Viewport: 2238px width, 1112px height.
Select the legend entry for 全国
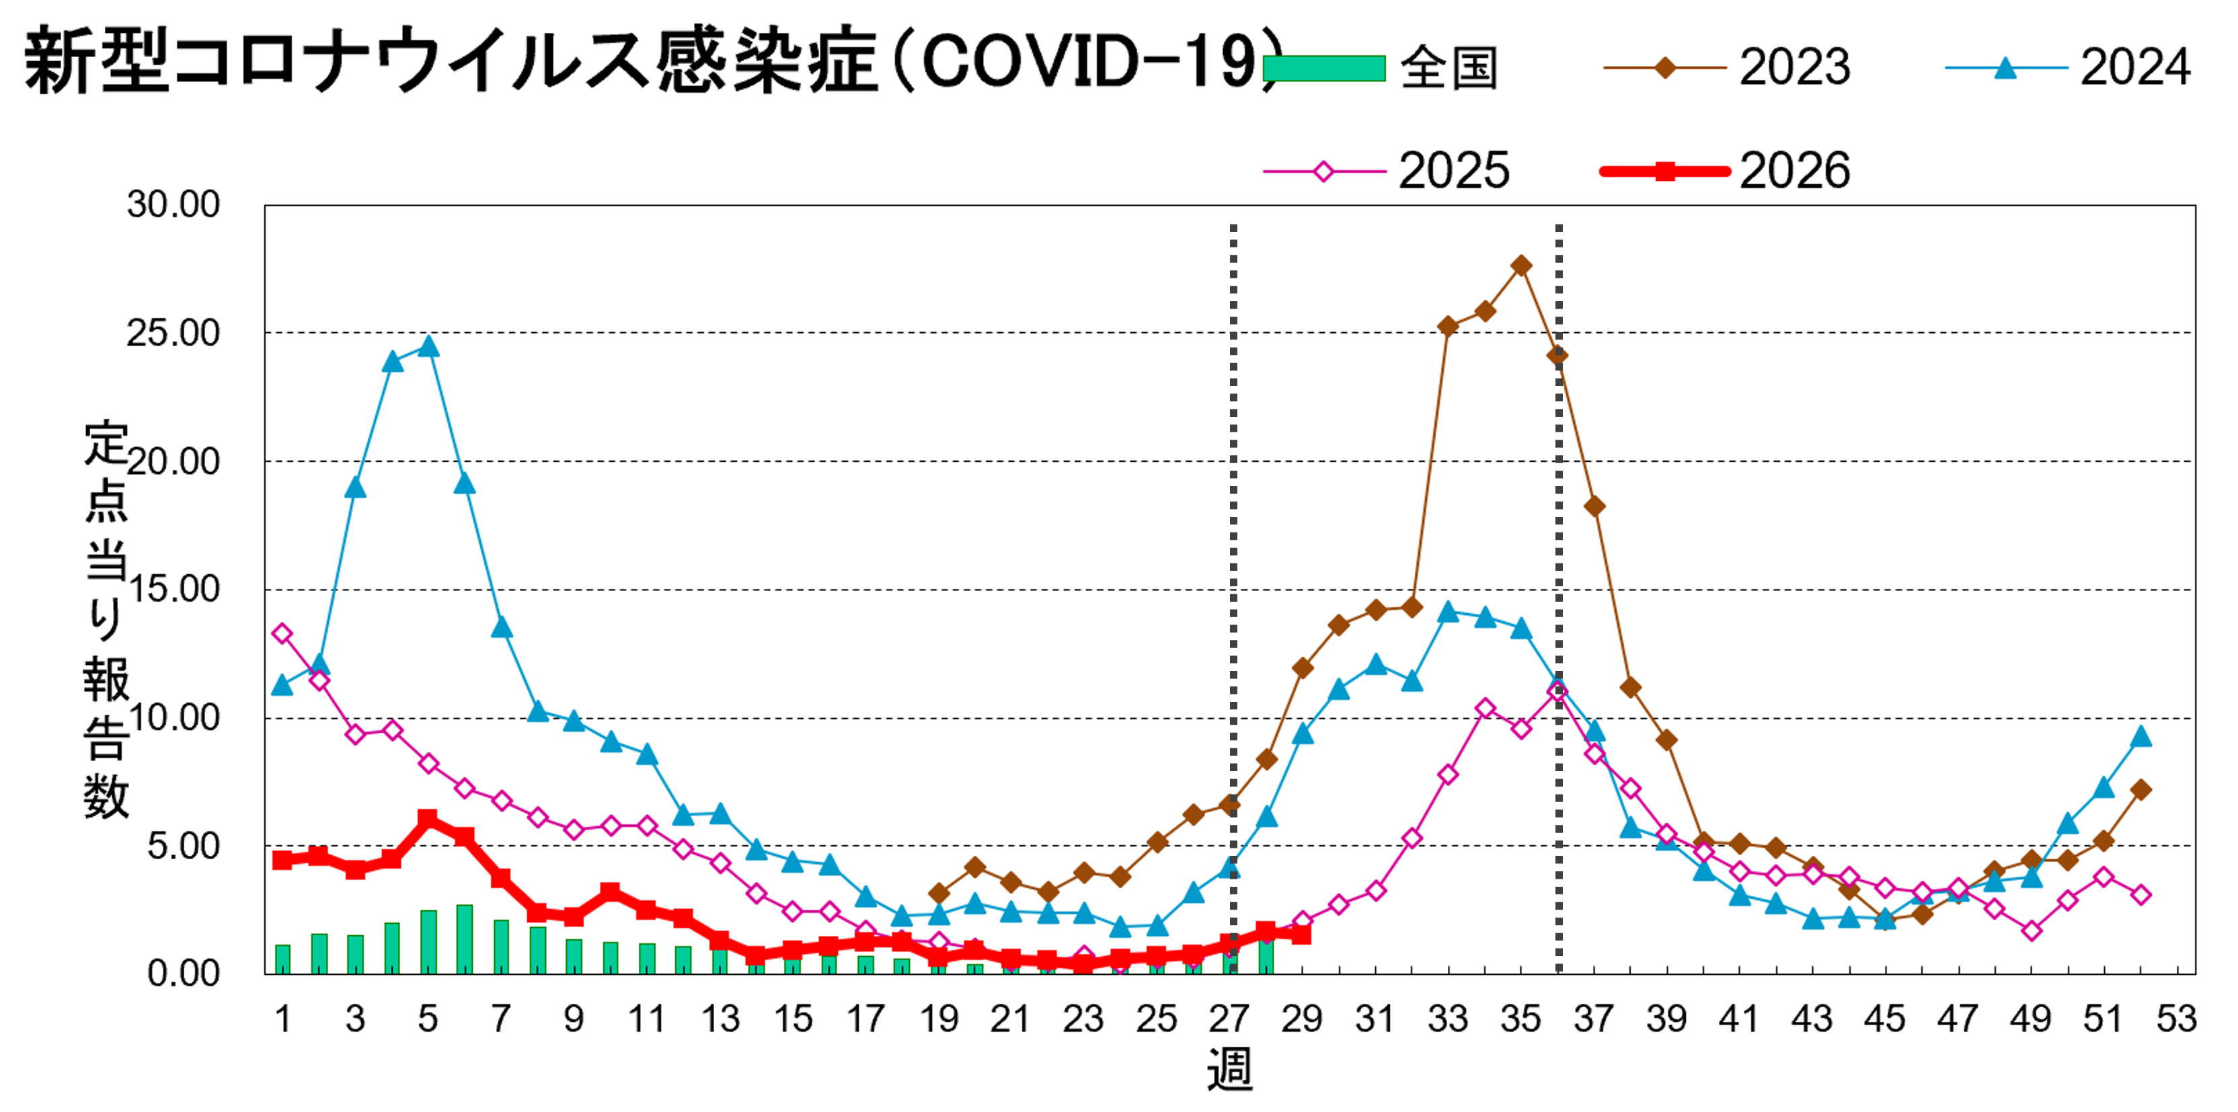pyautogui.click(x=1381, y=68)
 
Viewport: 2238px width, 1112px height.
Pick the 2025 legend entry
pyautogui.click(x=1387, y=170)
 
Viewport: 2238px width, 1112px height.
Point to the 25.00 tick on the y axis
pyautogui.click(x=173, y=333)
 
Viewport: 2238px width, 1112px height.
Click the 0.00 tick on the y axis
pyautogui.click(x=184, y=973)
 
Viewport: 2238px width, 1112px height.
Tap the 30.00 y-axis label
pyautogui.click(x=173, y=205)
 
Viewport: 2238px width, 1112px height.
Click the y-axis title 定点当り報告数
pyautogui.click(x=106, y=619)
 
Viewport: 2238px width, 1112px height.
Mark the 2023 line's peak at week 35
pyautogui.click(x=1521, y=266)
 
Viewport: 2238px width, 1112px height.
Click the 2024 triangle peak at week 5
pyautogui.click(x=428, y=346)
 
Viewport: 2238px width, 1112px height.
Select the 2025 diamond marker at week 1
pyautogui.click(x=282, y=634)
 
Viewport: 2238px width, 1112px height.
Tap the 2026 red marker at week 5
pyautogui.click(x=428, y=820)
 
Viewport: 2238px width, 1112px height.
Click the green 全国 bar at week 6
pyautogui.click(x=465, y=939)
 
